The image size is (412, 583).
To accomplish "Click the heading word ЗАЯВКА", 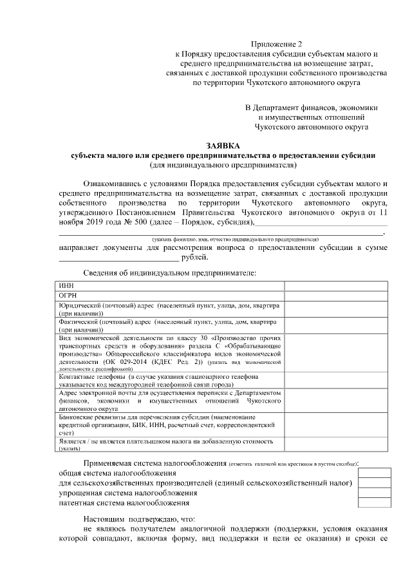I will coord(221,146).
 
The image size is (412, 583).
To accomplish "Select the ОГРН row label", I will coord(68,295).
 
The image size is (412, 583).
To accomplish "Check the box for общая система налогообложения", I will coord(374,473).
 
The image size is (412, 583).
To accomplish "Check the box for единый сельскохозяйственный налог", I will coord(374,483).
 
